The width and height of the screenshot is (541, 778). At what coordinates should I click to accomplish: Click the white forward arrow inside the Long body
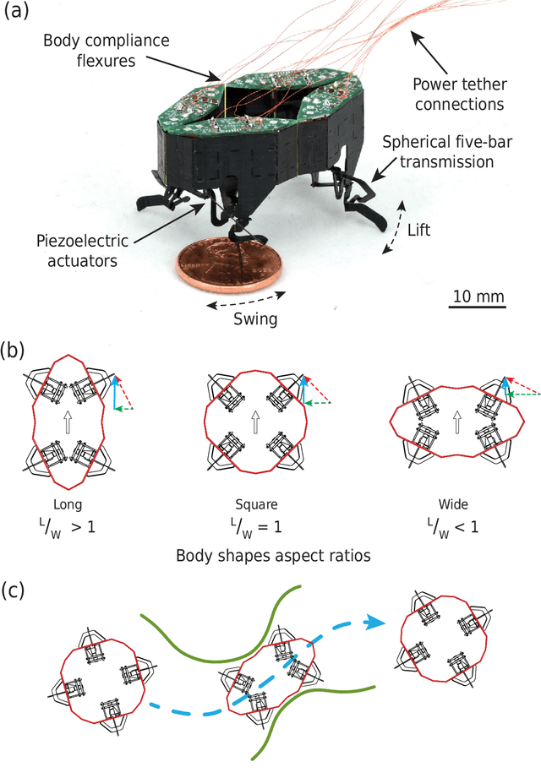(66, 421)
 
